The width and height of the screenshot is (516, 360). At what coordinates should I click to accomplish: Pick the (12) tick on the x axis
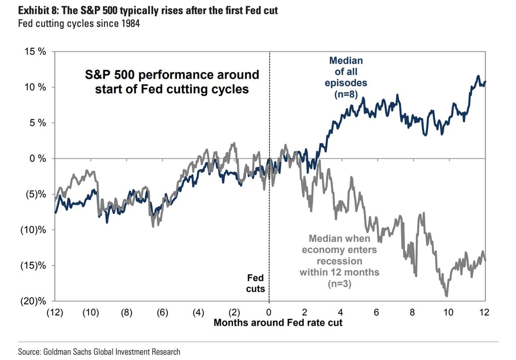pos(54,312)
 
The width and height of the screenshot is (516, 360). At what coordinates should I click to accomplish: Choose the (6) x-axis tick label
pos(162,312)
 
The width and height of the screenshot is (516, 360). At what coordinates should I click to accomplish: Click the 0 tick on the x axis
pos(269,312)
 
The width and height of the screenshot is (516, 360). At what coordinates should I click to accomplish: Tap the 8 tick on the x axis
pos(412,312)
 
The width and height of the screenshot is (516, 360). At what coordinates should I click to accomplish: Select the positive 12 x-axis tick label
pos(484,312)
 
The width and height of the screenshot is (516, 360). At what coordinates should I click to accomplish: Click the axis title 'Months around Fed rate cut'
pos(278,323)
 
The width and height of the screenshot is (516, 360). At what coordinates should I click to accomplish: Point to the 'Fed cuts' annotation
pos(255,283)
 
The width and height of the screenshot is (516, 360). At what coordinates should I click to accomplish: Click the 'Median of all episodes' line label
pos(346,72)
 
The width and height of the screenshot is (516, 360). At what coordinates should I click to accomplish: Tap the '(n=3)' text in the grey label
pos(339,283)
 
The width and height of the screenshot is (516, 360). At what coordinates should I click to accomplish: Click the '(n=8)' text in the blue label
pos(346,94)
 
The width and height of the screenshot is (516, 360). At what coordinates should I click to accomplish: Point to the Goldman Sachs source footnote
pos(99,351)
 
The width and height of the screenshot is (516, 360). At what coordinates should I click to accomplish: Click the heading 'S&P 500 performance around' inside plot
pos(171,75)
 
